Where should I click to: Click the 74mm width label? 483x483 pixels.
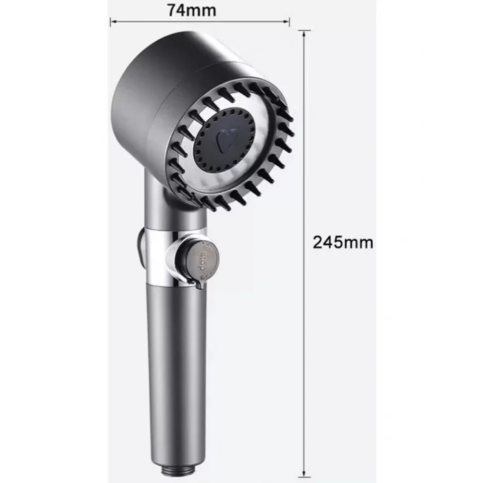[x=191, y=10]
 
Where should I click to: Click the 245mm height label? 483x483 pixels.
[x=342, y=242]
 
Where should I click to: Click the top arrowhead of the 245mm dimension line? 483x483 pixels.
[x=304, y=34]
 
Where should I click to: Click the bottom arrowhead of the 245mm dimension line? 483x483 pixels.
[x=304, y=473]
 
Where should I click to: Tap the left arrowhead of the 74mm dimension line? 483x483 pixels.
[x=113, y=21]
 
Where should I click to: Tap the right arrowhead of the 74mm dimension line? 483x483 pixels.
[x=286, y=21]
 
